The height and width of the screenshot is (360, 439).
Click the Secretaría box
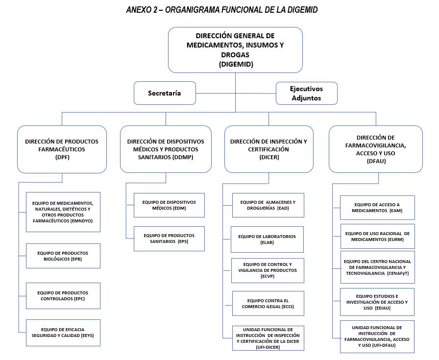pyautogui.click(x=165, y=93)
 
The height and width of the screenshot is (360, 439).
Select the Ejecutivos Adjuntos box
pyautogui.click(x=307, y=94)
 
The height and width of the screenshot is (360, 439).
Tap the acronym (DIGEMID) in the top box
pyautogui.click(x=236, y=64)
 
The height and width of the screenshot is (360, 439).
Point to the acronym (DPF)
pyautogui.click(x=62, y=157)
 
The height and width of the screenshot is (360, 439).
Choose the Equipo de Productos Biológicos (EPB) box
pyautogui.click(x=63, y=256)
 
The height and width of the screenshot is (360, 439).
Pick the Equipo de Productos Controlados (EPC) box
pyautogui.click(x=63, y=296)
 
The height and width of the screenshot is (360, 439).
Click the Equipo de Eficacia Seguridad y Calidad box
pyautogui.click(x=63, y=333)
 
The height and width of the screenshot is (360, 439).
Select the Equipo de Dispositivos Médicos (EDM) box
pyautogui.click(x=169, y=205)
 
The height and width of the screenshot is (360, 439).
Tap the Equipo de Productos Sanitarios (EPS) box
pyautogui.click(x=169, y=239)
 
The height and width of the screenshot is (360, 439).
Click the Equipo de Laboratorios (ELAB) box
pyautogui.click(x=267, y=240)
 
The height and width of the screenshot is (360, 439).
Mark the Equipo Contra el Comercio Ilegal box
pyautogui.click(x=268, y=304)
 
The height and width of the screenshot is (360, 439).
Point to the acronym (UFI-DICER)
pyautogui.click(x=268, y=347)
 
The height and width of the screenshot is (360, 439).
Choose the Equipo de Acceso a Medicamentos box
pyautogui.click(x=377, y=208)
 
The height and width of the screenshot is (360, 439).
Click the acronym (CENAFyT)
pyautogui.click(x=398, y=273)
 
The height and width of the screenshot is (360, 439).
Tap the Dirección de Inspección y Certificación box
pyautogui.click(x=269, y=149)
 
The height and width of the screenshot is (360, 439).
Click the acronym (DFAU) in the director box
pyautogui.click(x=376, y=161)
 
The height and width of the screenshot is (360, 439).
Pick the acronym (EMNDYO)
pyautogui.click(x=82, y=221)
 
